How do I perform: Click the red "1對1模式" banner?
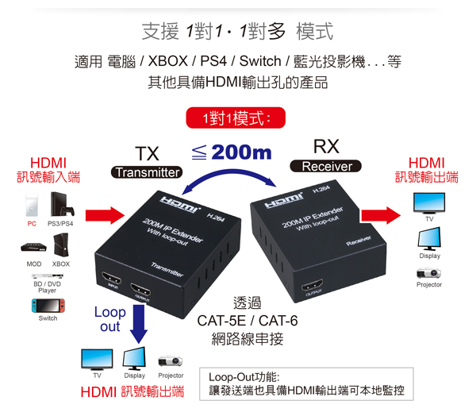tap(236, 117)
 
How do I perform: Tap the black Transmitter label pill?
tap(147, 172)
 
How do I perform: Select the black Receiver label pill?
tap(326, 166)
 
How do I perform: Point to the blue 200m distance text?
tap(241, 152)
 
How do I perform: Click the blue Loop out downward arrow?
tap(139, 324)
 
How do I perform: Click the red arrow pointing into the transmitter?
tap(105, 215)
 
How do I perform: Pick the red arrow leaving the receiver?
tap(381, 215)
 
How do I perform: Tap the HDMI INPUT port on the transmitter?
tap(112, 278)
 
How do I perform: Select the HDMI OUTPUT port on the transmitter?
tap(140, 289)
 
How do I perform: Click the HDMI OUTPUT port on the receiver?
tap(312, 285)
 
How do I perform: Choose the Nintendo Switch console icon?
tap(48, 306)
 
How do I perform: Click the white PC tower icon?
tap(32, 205)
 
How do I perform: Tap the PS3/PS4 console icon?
tap(62, 204)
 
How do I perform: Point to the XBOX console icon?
tap(61, 245)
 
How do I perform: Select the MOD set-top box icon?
tap(33, 247)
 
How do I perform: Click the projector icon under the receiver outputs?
tap(428, 273)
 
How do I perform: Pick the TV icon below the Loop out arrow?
tap(97, 360)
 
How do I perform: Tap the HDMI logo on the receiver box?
tap(284, 201)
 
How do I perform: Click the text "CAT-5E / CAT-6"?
tap(248, 321)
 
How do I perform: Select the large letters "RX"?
tap(326, 146)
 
